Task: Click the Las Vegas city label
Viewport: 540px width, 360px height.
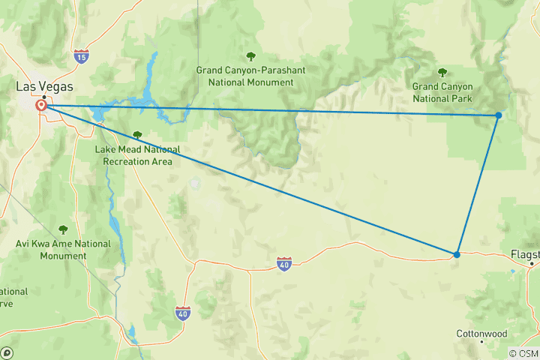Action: pyautogui.click(x=45, y=87)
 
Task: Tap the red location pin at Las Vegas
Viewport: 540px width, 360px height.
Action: pyautogui.click(x=42, y=106)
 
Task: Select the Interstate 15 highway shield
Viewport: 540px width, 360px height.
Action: pyautogui.click(x=81, y=56)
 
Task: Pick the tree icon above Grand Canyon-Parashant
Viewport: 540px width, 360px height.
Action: pyautogui.click(x=250, y=56)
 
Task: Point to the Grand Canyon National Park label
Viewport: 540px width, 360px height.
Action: pyautogui.click(x=442, y=91)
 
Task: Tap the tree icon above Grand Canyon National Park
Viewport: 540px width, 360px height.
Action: pyautogui.click(x=442, y=73)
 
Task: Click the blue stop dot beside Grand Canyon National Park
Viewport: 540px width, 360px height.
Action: pyautogui.click(x=499, y=115)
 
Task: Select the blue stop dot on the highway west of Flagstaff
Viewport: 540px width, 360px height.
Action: pyautogui.click(x=457, y=254)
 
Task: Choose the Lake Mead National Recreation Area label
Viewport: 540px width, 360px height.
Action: pyautogui.click(x=133, y=155)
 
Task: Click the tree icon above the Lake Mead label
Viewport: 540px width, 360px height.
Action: pyautogui.click(x=136, y=136)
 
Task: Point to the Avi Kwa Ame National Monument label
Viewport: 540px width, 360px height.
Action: pyautogui.click(x=63, y=249)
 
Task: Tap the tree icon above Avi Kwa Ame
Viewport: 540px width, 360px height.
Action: pyautogui.click(x=63, y=229)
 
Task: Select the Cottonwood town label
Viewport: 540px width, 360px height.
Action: pyautogui.click(x=481, y=334)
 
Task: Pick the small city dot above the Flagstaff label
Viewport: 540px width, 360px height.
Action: pyautogui.click(x=532, y=264)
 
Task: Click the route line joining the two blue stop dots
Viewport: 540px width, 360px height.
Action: pyautogui.click(x=478, y=184)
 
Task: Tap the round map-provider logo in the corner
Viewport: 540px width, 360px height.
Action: pyautogui.click(x=6, y=353)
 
